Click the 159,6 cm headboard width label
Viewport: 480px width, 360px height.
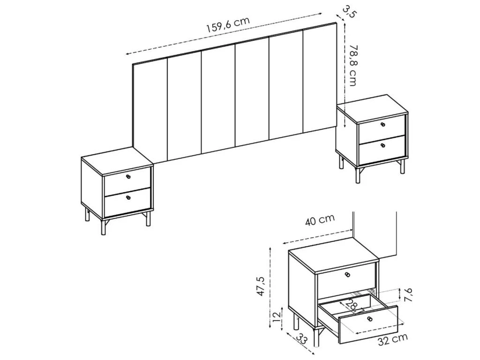228,24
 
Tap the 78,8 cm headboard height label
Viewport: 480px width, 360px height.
353,65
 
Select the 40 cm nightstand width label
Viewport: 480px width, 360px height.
320,219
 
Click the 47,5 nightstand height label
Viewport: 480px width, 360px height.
261,286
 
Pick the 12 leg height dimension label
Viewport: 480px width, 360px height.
277,315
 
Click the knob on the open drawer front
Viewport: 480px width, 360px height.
370,319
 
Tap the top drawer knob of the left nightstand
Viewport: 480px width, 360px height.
128,176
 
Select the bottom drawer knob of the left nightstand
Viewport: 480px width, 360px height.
128,197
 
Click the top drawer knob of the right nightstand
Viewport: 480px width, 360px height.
383,124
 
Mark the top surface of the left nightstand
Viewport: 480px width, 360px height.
117,160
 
